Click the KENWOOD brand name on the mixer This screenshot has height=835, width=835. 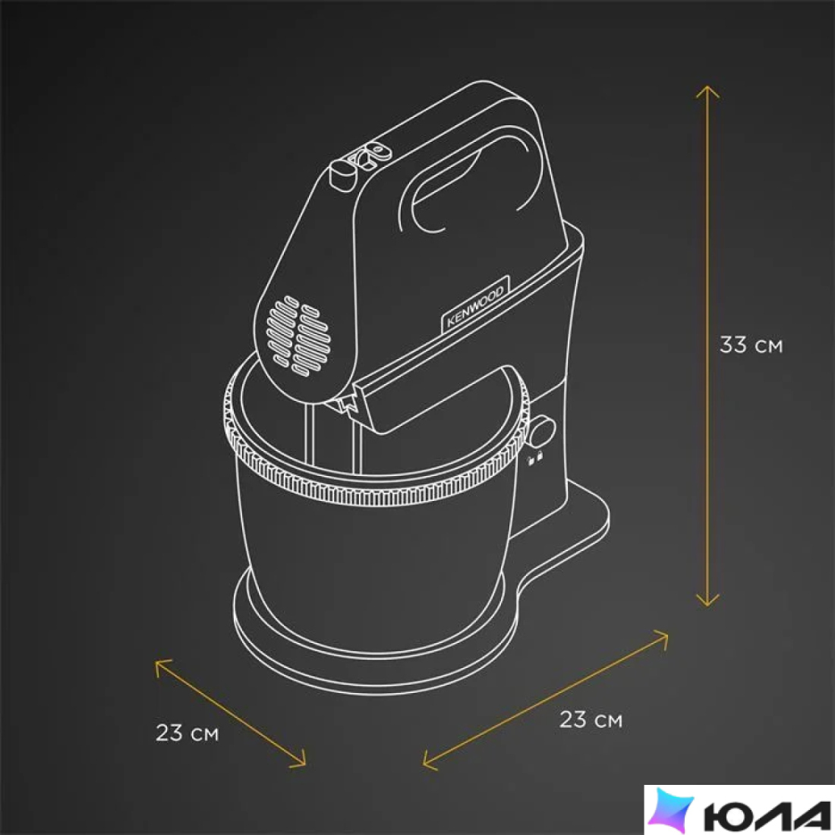[x=475, y=306]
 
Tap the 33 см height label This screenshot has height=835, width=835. [x=751, y=345]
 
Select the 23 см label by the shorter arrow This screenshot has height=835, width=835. [x=187, y=733]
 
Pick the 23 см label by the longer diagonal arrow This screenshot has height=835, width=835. [x=591, y=720]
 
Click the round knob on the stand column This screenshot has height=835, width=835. [x=542, y=431]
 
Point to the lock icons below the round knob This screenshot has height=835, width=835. [x=535, y=458]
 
